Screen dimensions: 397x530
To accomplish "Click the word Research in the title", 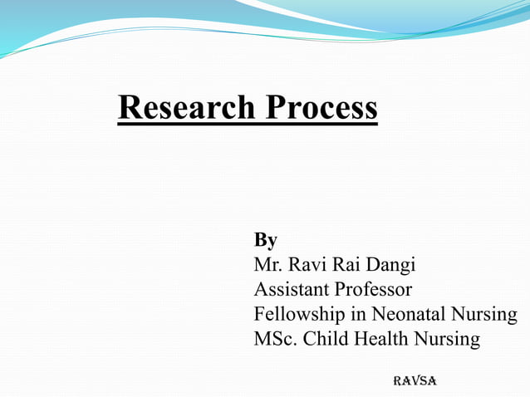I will click(x=187, y=107).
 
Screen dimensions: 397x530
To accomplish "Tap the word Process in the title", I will click(x=321, y=107).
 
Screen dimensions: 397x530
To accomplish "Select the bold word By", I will click(x=265, y=241).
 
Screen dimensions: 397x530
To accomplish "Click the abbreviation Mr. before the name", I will click(x=267, y=265).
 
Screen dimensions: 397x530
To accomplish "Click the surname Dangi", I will click(x=390, y=266).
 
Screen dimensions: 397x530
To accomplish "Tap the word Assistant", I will click(x=292, y=290).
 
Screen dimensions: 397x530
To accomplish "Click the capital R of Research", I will click(x=128, y=107).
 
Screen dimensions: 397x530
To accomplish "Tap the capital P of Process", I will click(x=275, y=107).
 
